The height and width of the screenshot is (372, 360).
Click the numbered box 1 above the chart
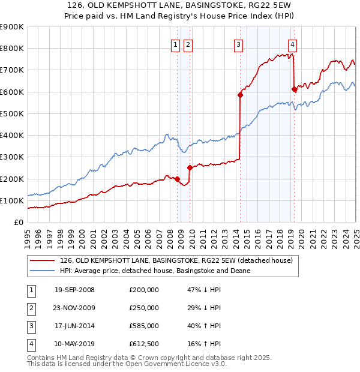pyautogui.click(x=175, y=44)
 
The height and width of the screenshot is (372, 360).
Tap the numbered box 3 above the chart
pyautogui.click(x=238, y=44)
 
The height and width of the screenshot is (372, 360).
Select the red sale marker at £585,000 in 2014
pyautogui.click(x=240, y=95)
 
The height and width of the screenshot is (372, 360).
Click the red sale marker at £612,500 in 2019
pyautogui.click(x=294, y=89)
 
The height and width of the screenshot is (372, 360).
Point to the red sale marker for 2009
pyautogui.click(x=190, y=168)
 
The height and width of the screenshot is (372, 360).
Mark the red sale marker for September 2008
pyautogui.click(x=178, y=178)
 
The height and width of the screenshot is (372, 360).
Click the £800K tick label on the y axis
pyautogui.click(x=12, y=49)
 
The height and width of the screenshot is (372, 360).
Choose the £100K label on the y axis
pyautogui.click(x=12, y=200)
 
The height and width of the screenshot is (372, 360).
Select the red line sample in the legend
pyautogui.click(x=41, y=260)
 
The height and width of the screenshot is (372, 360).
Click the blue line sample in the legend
pyautogui.click(x=41, y=271)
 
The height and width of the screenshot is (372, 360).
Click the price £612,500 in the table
pyautogui.click(x=144, y=344)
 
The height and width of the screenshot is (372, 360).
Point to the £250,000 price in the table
pyautogui.click(x=144, y=308)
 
